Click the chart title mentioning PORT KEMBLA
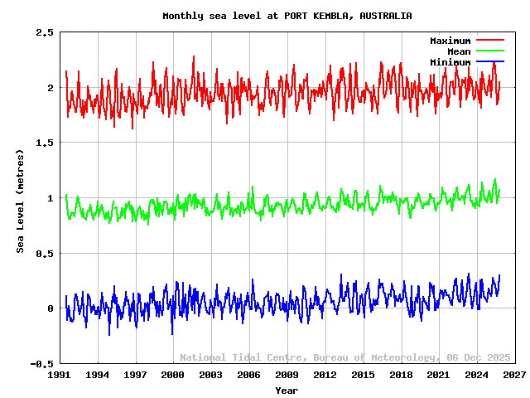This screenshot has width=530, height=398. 287,16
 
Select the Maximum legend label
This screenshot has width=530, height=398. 450,41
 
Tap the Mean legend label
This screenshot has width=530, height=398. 458,51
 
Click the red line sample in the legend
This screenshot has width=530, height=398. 489,41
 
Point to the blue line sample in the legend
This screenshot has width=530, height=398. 489,62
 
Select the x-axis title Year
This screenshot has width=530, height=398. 287,390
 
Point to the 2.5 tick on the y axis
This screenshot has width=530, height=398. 45,32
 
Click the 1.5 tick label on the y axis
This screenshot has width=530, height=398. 45,143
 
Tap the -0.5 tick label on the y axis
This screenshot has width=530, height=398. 41,363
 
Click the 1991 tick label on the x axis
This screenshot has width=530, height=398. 60,375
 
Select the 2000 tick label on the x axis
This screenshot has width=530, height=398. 173,375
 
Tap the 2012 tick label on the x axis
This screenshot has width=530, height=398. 325,375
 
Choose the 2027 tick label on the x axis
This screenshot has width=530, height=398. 514,375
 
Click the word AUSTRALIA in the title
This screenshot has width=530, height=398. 385,16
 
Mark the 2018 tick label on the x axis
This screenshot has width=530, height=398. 401,375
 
